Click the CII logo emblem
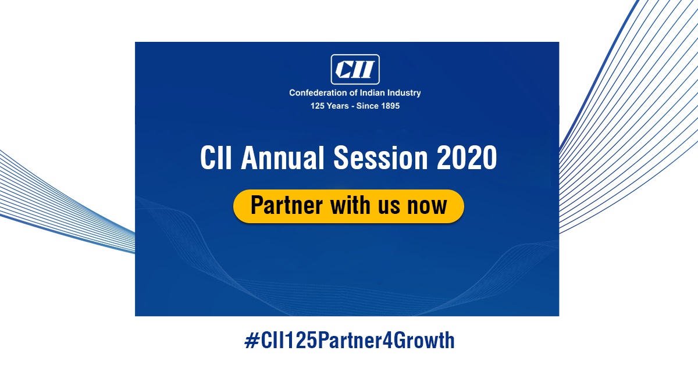coord(355,69)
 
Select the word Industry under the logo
coord(404,93)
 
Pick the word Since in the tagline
coord(365,106)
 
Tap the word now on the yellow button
coord(428,206)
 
